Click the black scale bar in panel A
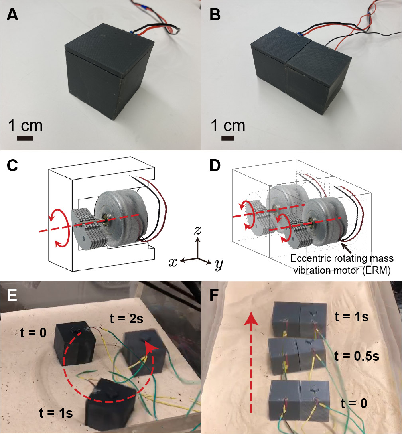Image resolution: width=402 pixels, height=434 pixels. point(25,138)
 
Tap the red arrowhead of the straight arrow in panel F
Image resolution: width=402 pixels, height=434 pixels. point(251,308)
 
